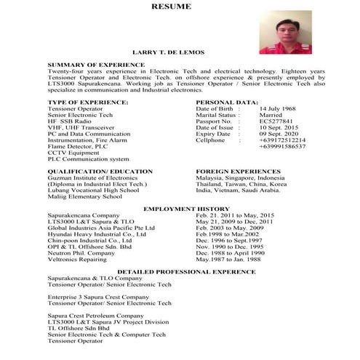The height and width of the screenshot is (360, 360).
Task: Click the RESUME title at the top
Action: pyautogui.click(x=172, y=7)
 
